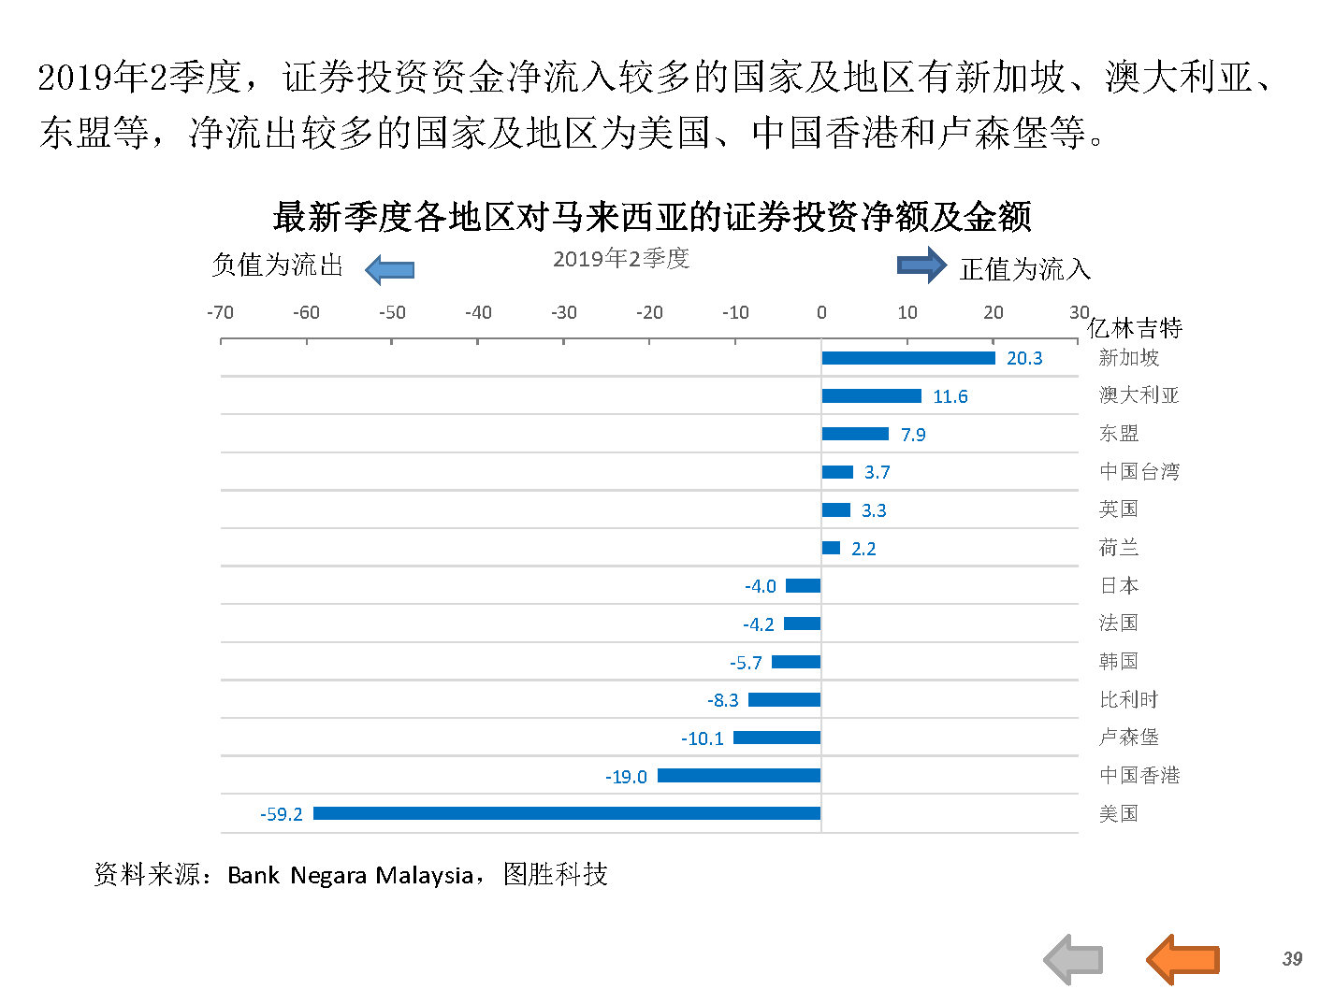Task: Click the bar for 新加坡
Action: click(x=907, y=358)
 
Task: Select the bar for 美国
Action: click(x=567, y=813)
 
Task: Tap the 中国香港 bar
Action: click(x=739, y=776)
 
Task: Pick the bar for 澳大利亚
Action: click(x=871, y=396)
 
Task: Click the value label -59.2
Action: click(x=282, y=814)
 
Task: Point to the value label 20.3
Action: click(x=1024, y=358)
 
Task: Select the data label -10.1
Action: click(x=703, y=738)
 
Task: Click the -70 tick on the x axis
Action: click(x=220, y=312)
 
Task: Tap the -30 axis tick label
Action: click(x=563, y=312)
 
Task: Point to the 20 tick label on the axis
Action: click(x=994, y=312)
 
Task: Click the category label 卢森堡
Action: click(x=1129, y=738)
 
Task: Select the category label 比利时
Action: click(x=1129, y=699)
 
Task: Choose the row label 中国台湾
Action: click(x=1139, y=471)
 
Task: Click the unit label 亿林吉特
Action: click(x=1135, y=328)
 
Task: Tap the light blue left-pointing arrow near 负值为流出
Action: click(x=389, y=270)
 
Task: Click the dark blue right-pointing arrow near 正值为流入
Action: click(x=922, y=265)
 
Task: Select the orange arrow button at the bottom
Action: click(x=1182, y=959)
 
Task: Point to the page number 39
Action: click(x=1292, y=959)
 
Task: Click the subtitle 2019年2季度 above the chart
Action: click(x=621, y=259)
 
